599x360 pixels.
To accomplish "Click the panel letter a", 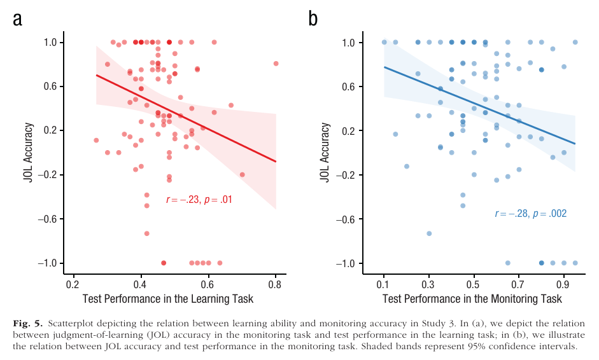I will tap(17, 18).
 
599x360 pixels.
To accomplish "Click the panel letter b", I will tap(313, 18).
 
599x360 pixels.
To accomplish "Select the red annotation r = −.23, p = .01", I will tap(199, 200).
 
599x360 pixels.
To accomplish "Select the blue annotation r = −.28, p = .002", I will tap(530, 214).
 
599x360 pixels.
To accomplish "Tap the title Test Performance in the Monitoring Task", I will tap(472, 299).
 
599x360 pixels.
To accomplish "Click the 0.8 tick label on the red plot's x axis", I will tap(275, 284).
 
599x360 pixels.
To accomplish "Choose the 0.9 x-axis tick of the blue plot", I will tap(563, 284).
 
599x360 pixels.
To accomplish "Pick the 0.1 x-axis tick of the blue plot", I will tap(384, 284).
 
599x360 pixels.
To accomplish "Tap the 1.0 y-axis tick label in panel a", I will tap(49, 43).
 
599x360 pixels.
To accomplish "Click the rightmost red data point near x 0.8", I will tap(276, 64).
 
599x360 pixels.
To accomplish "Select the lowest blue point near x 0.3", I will tap(429, 233).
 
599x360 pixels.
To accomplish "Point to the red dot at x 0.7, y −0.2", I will tap(242, 174).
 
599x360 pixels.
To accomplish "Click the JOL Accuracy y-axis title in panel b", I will tap(325, 153).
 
